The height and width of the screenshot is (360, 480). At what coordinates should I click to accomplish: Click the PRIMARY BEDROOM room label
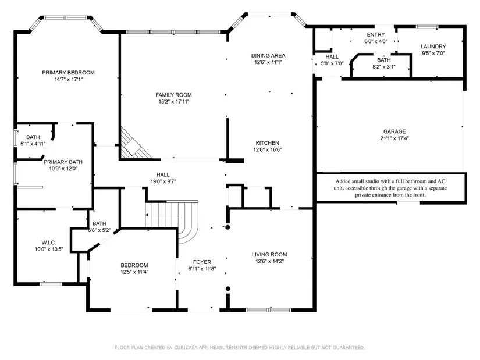68,73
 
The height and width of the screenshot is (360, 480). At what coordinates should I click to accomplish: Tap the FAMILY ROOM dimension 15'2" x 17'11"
173,102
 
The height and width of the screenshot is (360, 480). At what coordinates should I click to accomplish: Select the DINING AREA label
268,55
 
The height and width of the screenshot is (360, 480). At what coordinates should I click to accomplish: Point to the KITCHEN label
267,143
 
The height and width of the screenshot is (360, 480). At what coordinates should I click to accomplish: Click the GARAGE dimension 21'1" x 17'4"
394,138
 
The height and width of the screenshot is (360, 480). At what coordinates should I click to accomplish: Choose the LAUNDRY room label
433,46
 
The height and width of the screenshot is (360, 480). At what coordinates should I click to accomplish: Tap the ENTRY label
376,34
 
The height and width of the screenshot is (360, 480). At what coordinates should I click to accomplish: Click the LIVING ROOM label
269,254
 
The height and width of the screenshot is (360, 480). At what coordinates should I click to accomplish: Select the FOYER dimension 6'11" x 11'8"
202,269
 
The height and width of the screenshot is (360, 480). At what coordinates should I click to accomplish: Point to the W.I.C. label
49,243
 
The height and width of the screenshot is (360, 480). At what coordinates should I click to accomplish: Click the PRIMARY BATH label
63,162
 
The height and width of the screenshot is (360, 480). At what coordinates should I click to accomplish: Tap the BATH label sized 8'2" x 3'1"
384,60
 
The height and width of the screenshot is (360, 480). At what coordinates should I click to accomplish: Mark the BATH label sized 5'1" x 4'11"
33,137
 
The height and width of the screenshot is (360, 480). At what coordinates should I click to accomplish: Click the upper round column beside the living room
227,227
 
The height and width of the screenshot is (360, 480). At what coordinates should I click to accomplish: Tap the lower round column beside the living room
227,288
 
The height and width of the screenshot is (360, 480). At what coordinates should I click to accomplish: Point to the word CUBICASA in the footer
186,347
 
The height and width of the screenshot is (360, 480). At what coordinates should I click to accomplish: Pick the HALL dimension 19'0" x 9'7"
163,181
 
